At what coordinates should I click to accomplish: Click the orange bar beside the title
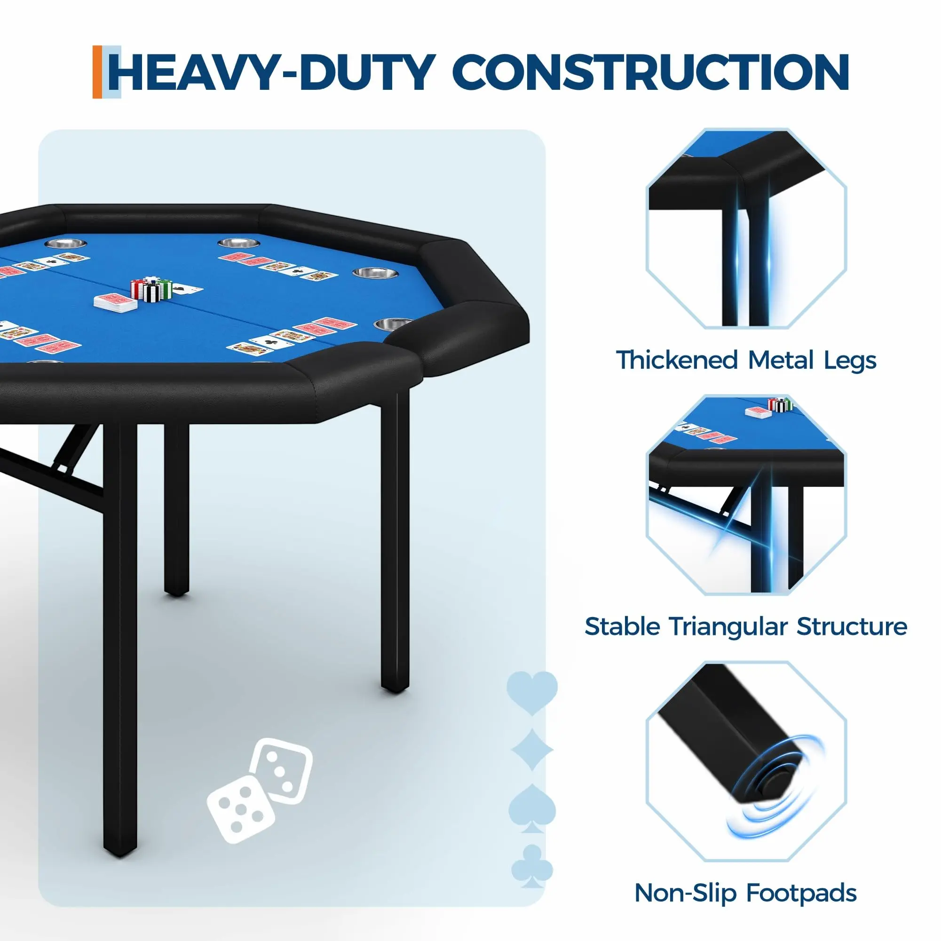97,72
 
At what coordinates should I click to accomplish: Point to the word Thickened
678,361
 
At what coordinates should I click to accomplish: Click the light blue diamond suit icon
532,750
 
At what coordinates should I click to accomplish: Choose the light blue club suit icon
532,867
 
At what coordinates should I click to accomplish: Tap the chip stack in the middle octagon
780,404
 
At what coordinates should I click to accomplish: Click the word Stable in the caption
622,627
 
